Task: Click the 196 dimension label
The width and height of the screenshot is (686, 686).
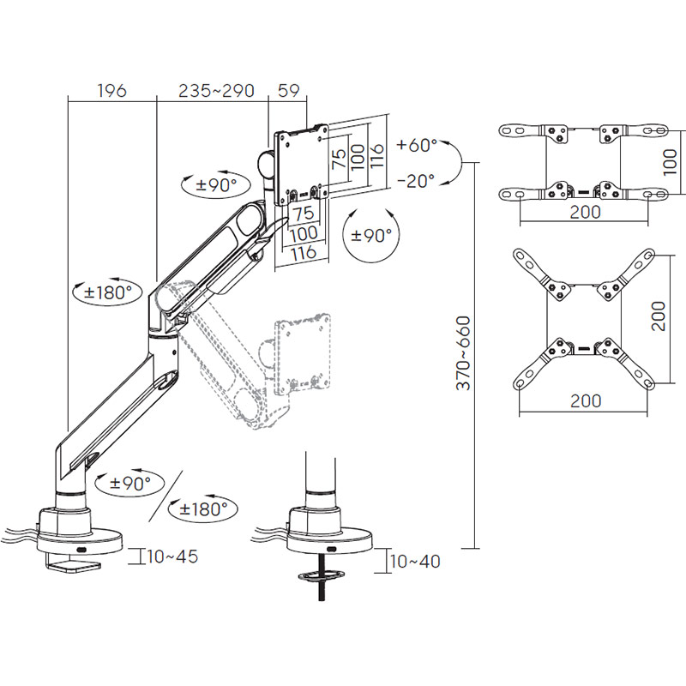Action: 111,90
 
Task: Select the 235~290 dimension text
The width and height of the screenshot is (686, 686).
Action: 215,90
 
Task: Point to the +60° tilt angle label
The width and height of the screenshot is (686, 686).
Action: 417,146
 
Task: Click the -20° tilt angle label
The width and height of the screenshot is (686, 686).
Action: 416,180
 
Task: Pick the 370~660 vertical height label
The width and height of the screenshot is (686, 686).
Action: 463,354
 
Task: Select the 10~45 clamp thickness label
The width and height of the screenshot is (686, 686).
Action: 172,557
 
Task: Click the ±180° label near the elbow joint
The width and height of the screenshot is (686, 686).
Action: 108,292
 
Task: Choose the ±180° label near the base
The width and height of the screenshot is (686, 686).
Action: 203,508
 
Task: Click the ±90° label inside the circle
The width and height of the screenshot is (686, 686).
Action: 369,235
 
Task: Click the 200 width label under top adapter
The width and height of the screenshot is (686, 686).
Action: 585,212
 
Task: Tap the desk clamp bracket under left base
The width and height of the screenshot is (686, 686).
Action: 75,565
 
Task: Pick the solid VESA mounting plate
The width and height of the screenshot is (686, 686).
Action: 301,165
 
